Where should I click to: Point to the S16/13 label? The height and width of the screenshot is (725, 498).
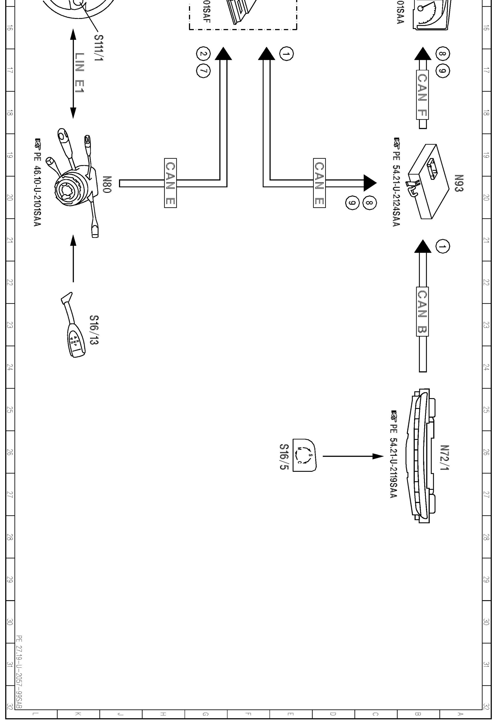point(94,330)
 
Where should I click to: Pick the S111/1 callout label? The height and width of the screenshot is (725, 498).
point(99,48)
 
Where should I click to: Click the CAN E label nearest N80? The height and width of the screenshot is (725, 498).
point(170,183)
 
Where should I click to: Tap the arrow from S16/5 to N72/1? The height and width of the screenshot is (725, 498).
point(353,456)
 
